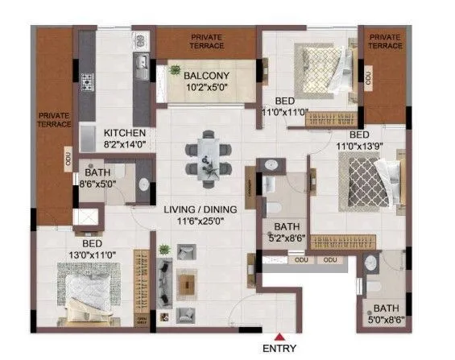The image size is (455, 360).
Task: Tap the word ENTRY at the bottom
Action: [x=279, y=349]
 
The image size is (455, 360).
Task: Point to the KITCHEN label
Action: [x=124, y=133]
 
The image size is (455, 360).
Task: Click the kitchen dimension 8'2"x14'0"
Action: [x=125, y=145]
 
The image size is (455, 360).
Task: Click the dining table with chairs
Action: [x=207, y=155]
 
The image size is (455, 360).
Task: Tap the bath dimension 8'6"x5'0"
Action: [x=95, y=183]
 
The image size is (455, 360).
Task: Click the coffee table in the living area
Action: [x=187, y=283]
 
